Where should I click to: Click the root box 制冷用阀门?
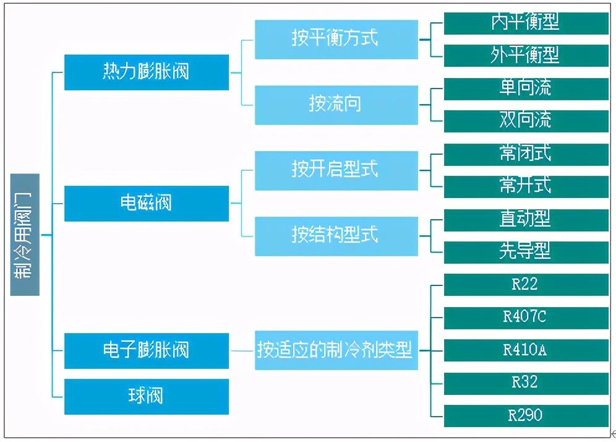click(x=25, y=235)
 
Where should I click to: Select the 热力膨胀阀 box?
click(x=147, y=72)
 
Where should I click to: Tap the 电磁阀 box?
click(x=147, y=203)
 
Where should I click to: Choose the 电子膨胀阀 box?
click(x=147, y=351)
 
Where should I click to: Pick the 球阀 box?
click(x=147, y=396)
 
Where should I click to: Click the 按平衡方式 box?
click(x=336, y=40)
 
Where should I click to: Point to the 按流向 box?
click(x=336, y=105)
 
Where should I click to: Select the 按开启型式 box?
click(x=336, y=171)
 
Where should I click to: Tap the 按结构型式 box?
click(x=336, y=236)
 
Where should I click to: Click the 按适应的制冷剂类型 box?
click(x=336, y=350)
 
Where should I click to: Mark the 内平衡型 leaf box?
click(x=526, y=23)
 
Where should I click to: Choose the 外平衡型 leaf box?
click(x=526, y=56)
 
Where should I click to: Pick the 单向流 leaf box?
click(x=526, y=89)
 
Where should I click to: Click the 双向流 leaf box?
click(x=526, y=121)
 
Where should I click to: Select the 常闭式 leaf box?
click(x=526, y=155)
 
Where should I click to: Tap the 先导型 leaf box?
click(x=526, y=253)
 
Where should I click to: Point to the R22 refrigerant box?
click(x=526, y=285)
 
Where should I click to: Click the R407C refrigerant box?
click(x=526, y=318)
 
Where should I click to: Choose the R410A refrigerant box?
click(x=526, y=350)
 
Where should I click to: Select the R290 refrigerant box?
click(x=526, y=415)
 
